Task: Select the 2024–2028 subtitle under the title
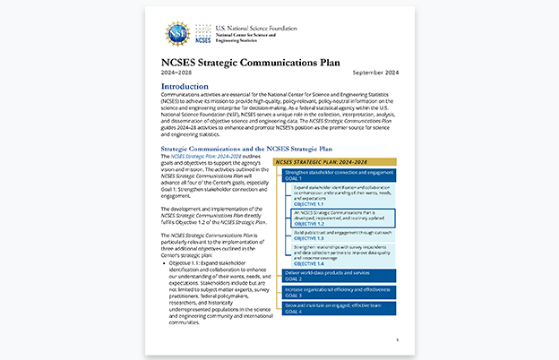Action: (x=176, y=73)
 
